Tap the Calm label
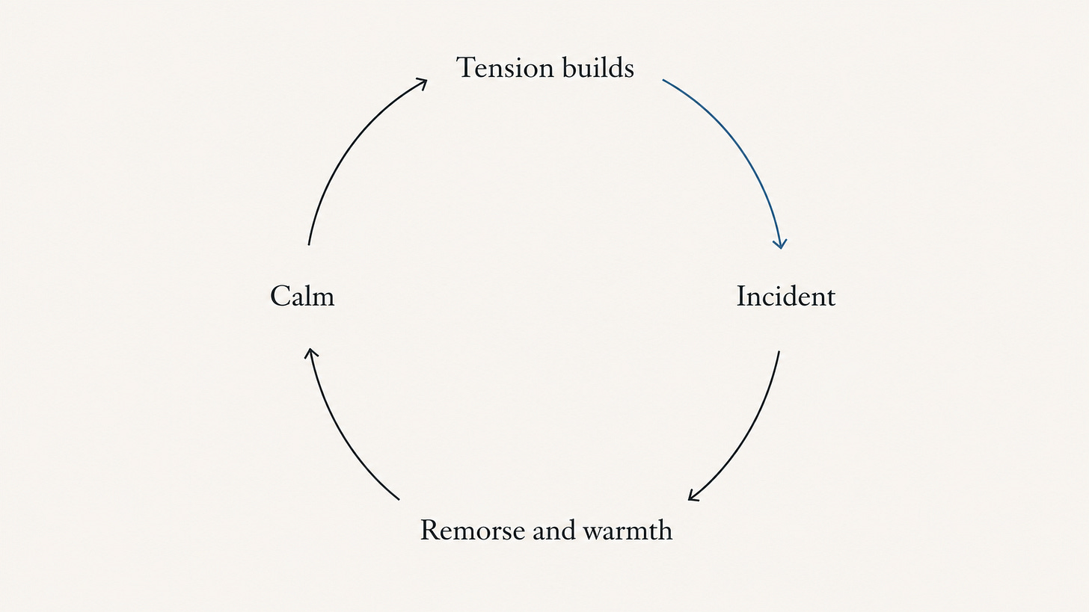click(x=302, y=295)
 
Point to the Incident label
click(x=786, y=295)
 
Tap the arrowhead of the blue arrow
click(x=780, y=244)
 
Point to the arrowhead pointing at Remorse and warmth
click(x=693, y=495)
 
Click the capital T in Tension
click(x=466, y=67)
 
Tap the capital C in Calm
click(x=280, y=296)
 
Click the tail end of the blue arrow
click(x=663, y=80)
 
